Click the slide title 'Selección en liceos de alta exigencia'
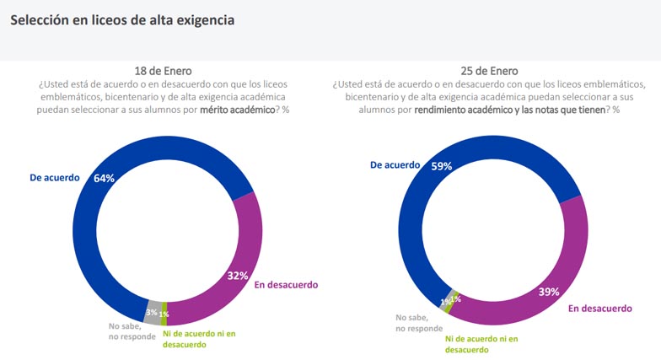(122, 19)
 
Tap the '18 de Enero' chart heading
(169, 71)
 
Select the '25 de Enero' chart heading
(489, 71)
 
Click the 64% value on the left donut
(105, 178)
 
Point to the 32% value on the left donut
(238, 275)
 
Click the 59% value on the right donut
(441, 166)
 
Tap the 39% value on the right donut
(549, 292)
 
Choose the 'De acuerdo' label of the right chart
(395, 165)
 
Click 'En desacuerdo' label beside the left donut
(286, 284)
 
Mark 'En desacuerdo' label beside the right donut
(599, 309)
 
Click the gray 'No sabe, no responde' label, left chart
(126, 331)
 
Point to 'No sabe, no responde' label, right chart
(419, 323)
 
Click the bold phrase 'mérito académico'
(237, 109)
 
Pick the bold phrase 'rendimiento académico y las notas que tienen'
(509, 109)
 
